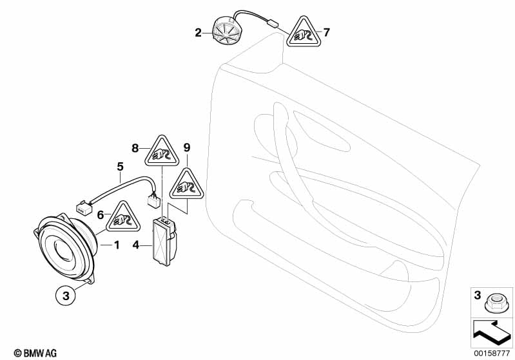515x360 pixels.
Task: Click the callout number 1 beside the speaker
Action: coord(117,245)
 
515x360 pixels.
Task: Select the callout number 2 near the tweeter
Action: coord(198,33)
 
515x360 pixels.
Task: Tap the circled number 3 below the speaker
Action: coord(66,296)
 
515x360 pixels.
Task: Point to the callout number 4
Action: coord(136,245)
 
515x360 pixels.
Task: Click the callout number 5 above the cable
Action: coord(121,167)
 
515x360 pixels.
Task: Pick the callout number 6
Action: coord(101,215)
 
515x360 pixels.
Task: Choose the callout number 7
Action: coord(326,32)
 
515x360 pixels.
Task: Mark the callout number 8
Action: coord(135,148)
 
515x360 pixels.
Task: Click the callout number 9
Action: coord(186,147)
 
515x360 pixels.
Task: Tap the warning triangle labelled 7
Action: coord(304,32)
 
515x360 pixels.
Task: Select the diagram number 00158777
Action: coord(492,354)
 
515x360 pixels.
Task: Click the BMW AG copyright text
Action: coord(35,353)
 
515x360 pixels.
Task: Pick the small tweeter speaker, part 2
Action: coord(225,32)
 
